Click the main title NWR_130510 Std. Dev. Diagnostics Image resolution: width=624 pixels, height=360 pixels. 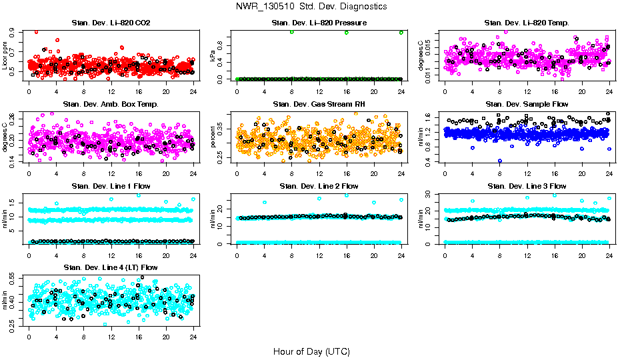[x=311, y=6]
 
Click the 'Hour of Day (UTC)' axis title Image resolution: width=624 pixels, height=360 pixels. [x=311, y=351]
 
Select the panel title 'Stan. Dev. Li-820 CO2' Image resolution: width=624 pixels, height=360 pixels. [x=111, y=23]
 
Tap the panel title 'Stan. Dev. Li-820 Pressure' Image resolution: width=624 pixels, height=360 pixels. [x=319, y=23]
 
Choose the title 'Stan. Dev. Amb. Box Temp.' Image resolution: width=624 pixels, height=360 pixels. [x=111, y=104]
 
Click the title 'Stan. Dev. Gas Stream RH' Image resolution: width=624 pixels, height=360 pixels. [x=319, y=104]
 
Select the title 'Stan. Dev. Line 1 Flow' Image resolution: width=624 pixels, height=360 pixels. [x=111, y=185]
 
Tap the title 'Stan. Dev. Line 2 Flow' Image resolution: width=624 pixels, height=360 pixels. [x=319, y=185]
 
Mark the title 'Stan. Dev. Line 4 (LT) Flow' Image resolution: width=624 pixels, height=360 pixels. [x=111, y=267]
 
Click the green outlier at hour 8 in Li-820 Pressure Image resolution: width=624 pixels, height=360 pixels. [x=291, y=32]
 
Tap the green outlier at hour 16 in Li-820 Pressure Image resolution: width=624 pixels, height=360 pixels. [x=347, y=32]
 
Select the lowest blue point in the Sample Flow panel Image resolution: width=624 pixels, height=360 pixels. [x=500, y=161]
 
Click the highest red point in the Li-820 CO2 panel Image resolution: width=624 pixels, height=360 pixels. [x=36, y=31]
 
